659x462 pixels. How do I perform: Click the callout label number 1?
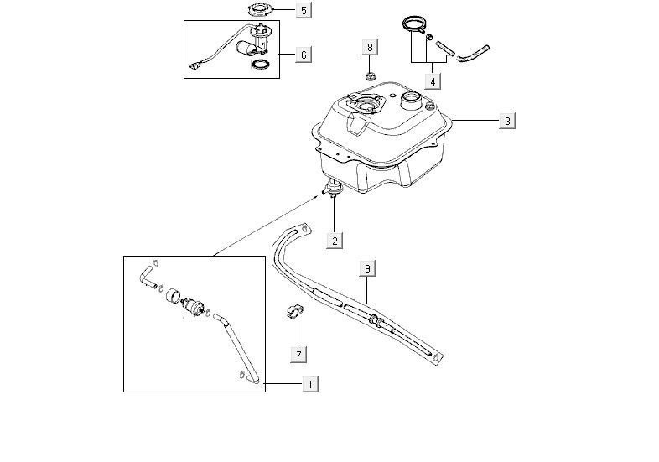click(310, 384)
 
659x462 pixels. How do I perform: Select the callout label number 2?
click(335, 241)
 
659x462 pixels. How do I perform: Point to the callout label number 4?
click(433, 82)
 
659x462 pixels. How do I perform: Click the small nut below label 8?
click(369, 77)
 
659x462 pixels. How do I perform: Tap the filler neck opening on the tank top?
click(411, 102)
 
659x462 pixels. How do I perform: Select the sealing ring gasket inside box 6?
click(261, 65)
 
